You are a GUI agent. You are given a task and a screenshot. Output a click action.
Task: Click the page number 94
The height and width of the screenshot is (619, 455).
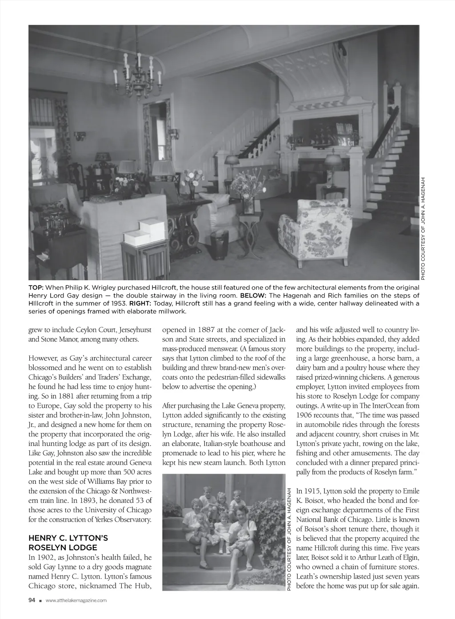32,600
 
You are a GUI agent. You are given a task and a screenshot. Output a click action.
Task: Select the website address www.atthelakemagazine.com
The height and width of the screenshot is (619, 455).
76,601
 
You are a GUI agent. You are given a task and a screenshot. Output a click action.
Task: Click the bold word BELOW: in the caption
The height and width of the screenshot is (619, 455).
253,295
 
